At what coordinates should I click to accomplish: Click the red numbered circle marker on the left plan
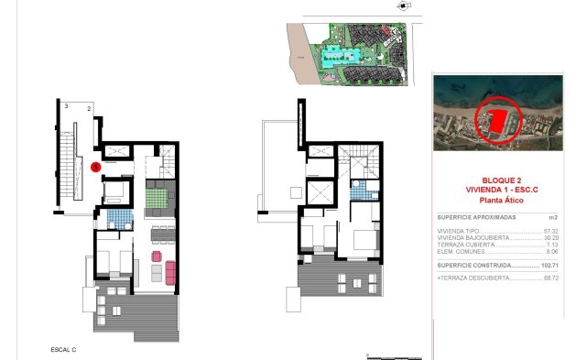[x=96, y=167]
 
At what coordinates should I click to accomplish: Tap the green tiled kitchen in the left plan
[x=154, y=197]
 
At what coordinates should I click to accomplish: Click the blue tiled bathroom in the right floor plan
[x=366, y=190]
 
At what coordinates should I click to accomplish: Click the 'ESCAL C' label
[x=63, y=350]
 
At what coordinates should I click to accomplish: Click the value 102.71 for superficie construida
[x=549, y=265]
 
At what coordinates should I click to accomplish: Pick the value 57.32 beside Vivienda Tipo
[x=550, y=231]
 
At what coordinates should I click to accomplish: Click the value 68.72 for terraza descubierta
[x=550, y=276]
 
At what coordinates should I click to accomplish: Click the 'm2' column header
[x=552, y=217]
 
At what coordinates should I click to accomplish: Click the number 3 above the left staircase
[x=66, y=106]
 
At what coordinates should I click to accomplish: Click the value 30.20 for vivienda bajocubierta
[x=550, y=238]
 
